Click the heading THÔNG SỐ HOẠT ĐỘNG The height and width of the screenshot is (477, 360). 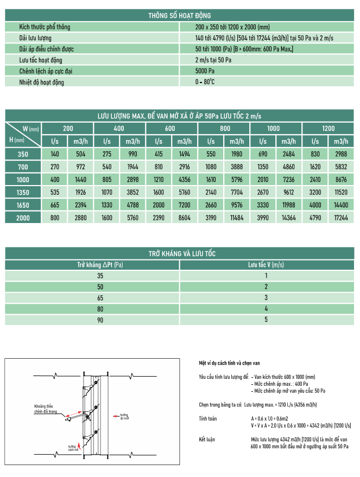tap(179, 16)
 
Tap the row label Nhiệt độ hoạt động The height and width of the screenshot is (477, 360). tap(41, 82)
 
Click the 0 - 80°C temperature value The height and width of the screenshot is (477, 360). tap(205, 82)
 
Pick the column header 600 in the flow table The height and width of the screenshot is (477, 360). tap(170, 129)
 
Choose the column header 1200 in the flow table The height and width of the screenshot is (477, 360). tap(328, 129)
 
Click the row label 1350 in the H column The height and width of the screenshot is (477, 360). tap(23, 192)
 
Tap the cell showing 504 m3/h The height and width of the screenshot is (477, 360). tap(80, 154)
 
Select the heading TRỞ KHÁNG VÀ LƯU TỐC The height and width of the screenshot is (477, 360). tap(179, 253)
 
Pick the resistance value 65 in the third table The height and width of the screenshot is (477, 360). tap(99, 298)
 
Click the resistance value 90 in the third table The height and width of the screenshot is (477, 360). tap(99, 320)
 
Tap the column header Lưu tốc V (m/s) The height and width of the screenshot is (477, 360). tap(266, 265)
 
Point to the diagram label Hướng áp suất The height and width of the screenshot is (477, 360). tap(124, 416)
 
